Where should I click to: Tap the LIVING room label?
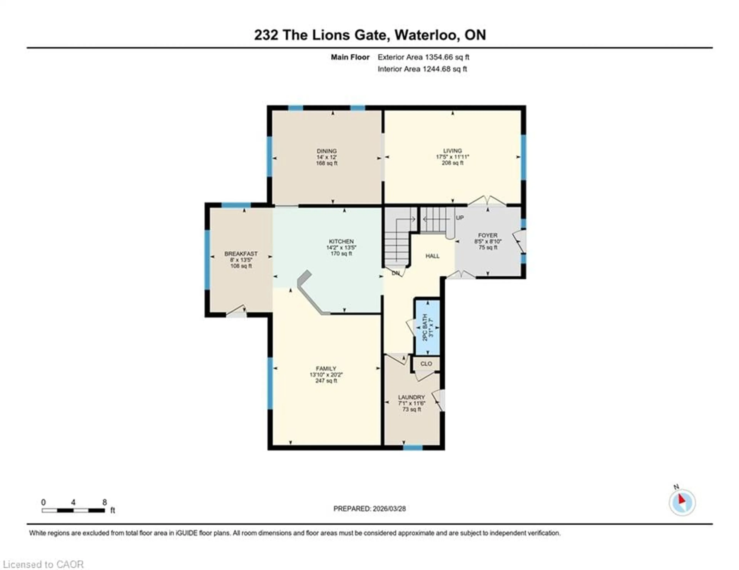coord(452,151)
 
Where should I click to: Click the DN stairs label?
coord(395,273)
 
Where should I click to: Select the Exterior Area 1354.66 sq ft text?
coord(423,57)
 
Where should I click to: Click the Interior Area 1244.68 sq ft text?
coord(422,69)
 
